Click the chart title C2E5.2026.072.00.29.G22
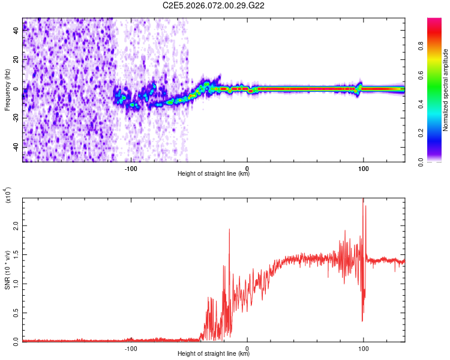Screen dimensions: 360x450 [214, 5]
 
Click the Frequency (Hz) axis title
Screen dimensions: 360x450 [7, 89]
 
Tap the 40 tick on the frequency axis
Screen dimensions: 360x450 [16, 31]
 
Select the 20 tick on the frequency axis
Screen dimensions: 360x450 [16, 60]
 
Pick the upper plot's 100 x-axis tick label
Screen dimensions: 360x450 [363, 168]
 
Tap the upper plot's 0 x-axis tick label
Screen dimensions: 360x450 [247, 168]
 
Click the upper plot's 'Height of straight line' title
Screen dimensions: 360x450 [214, 174]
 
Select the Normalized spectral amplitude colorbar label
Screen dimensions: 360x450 [446, 90]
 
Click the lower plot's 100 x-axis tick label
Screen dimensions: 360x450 [363, 348]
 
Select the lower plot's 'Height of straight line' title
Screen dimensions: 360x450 [214, 354]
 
